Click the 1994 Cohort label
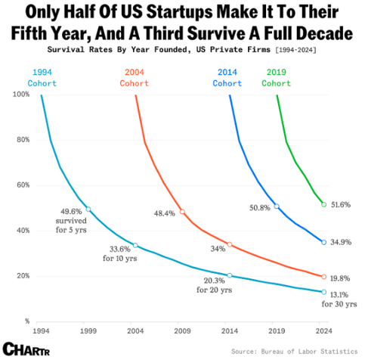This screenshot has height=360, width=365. click(x=42, y=77)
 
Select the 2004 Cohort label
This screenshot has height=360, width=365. click(x=137, y=77)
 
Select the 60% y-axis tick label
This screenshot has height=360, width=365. click(x=23, y=185)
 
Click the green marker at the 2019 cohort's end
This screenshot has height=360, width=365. click(x=323, y=204)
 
